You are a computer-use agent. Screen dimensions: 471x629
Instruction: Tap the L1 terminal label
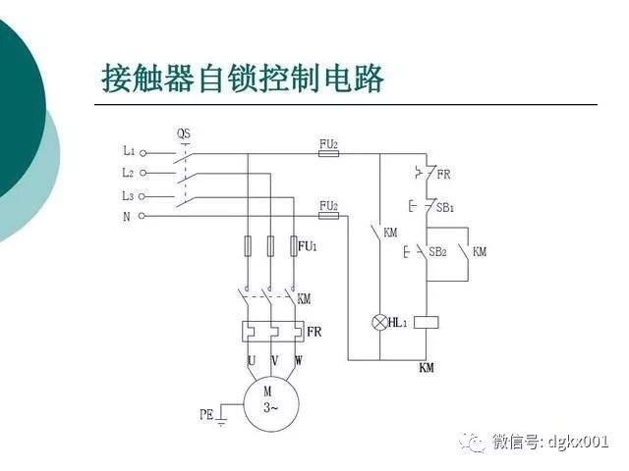129,151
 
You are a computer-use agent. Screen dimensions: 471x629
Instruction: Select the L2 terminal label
129,173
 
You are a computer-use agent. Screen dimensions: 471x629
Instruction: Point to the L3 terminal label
129,194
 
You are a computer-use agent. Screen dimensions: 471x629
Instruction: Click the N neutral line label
127,216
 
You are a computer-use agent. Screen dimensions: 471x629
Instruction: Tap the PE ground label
205,415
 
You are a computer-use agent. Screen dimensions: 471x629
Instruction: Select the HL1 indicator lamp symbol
380,322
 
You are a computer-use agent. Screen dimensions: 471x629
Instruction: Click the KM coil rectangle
426,321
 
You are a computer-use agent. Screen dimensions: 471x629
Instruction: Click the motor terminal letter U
252,361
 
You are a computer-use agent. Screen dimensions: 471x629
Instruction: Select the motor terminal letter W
298,361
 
